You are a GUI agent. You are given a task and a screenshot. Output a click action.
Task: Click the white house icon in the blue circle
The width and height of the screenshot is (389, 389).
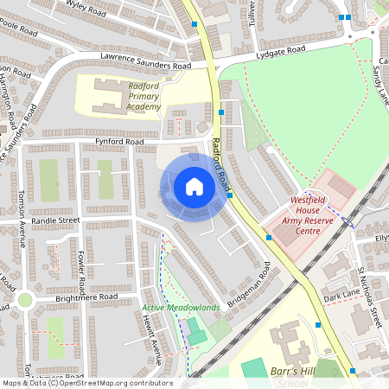click(x=194, y=187)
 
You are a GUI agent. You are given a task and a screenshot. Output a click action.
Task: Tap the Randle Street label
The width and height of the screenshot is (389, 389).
click(x=55, y=220)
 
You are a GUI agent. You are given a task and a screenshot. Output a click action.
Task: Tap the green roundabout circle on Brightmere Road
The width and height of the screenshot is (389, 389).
click(x=23, y=301)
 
